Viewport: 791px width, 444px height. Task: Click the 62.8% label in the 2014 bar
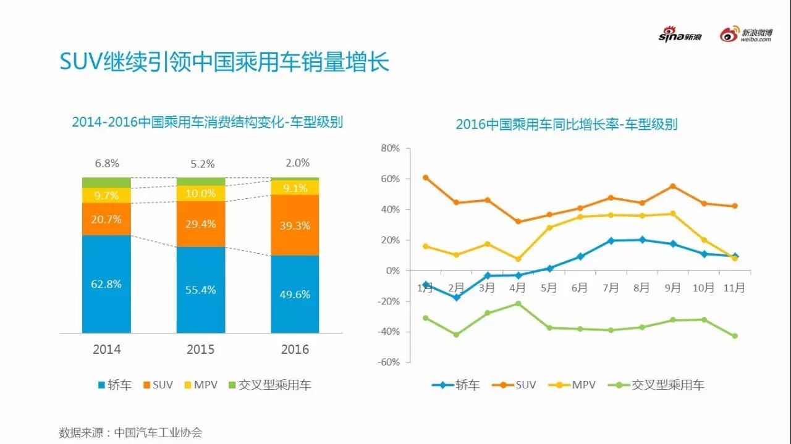[106, 284]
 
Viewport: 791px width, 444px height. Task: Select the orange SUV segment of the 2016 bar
[295, 225]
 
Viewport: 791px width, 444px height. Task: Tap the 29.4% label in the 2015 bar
[201, 224]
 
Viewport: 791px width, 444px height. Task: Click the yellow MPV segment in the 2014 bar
[106, 195]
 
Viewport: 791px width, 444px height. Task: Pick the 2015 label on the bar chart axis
[201, 350]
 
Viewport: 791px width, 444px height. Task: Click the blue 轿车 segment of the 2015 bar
[201, 290]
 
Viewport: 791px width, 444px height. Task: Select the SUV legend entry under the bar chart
[158, 385]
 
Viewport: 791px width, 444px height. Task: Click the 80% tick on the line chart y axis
[391, 148]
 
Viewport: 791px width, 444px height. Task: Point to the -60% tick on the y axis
[389, 362]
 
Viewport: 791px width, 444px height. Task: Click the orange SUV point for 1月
[425, 177]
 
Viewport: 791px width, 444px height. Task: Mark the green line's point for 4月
[518, 303]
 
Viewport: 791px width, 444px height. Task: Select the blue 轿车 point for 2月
[456, 298]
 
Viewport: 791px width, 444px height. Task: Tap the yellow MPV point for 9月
[673, 214]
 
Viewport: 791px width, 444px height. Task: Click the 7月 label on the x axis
[611, 288]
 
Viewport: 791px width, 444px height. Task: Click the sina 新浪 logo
[680, 35]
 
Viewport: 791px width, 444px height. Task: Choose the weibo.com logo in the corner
[746, 35]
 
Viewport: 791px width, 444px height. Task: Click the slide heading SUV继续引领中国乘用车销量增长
[224, 62]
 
